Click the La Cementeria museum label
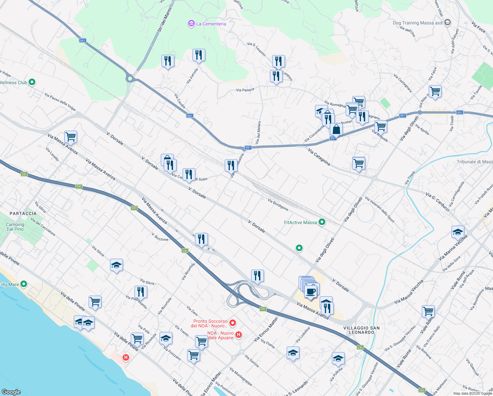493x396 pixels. (211, 24)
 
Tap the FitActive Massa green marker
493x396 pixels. (322, 222)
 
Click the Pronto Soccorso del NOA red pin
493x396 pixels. (233, 323)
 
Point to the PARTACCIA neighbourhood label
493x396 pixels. (23, 214)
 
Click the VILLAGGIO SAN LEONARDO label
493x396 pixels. (362, 330)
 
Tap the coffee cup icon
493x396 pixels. (310, 291)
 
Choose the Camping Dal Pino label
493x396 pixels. (15, 227)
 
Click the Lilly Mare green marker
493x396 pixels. (23, 284)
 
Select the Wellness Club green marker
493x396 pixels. (32, 82)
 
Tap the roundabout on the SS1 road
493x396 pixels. (130, 79)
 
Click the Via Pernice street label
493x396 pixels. (245, 90)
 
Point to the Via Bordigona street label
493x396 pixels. (278, 205)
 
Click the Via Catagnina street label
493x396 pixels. (319, 157)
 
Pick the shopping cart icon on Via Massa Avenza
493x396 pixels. (71, 136)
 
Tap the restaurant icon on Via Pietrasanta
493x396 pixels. (141, 292)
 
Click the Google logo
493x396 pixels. (11, 392)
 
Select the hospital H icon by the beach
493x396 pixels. (126, 357)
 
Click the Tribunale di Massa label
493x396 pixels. (475, 162)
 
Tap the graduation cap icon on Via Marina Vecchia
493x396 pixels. (458, 232)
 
